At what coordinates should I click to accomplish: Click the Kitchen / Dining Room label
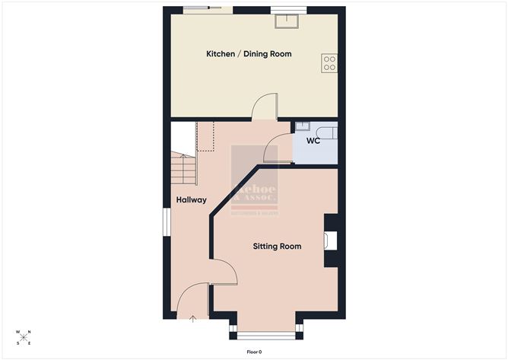[249, 54]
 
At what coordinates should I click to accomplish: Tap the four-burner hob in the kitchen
[329, 63]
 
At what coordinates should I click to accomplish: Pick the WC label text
[313, 142]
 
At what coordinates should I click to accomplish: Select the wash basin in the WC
[302, 126]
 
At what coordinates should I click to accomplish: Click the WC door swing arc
[279, 147]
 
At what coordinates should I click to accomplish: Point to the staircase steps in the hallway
[185, 168]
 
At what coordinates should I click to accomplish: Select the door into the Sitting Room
[223, 272]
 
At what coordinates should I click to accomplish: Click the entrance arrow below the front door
[192, 319]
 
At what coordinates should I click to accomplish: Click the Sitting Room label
[277, 247]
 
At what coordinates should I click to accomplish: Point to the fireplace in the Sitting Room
[329, 241]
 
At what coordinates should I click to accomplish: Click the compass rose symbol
[24, 336]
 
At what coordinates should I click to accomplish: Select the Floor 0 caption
[254, 352]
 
